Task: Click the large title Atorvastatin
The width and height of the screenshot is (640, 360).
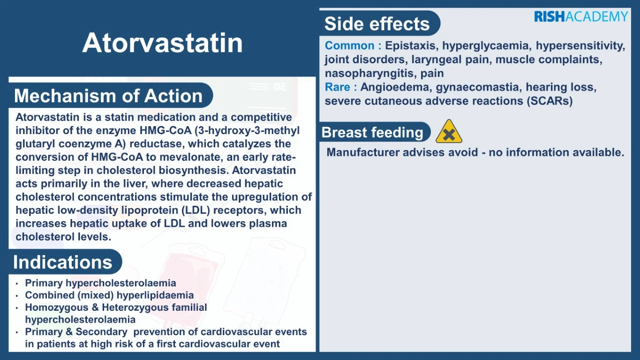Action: click(163, 43)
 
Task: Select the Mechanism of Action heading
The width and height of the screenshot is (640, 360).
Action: click(108, 96)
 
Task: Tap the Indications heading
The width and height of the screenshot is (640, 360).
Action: click(62, 262)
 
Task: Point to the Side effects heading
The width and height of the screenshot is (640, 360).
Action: click(377, 23)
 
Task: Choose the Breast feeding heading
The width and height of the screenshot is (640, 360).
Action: click(372, 132)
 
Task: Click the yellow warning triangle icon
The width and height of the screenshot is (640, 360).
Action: click(449, 132)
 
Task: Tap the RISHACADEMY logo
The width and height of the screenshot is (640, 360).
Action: click(581, 16)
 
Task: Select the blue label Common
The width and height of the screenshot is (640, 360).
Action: click(349, 46)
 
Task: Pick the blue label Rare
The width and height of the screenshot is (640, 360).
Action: click(338, 87)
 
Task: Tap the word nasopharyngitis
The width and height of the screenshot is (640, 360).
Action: click(370, 74)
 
